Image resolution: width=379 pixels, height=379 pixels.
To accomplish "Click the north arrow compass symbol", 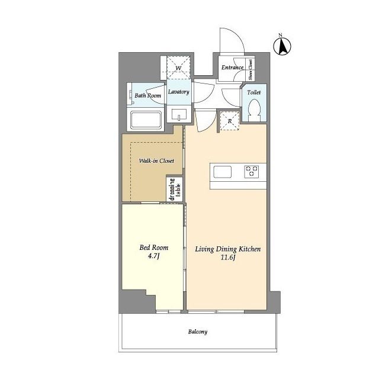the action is click(282, 46).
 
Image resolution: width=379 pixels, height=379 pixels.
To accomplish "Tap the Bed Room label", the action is click(154, 248).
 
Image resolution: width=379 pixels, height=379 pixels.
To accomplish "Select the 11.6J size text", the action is click(228, 258).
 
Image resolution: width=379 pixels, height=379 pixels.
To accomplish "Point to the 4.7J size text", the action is click(154, 256).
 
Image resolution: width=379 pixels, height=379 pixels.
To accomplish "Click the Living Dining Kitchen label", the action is click(227, 249).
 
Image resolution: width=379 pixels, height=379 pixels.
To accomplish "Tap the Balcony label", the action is click(198, 332).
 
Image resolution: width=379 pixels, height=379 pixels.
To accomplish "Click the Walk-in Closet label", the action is click(156, 160).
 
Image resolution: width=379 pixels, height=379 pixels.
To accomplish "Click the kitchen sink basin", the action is click(223, 172).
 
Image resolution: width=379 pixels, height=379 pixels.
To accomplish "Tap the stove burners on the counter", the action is click(251, 172).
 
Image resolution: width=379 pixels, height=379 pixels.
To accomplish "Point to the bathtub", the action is click(146, 120).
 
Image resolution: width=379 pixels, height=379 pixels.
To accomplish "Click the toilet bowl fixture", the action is click(254, 111).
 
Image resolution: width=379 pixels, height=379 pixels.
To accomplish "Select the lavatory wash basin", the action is click(179, 114).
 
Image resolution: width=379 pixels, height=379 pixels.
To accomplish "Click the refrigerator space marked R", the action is click(230, 121).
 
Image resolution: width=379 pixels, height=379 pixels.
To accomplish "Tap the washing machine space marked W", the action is click(179, 68).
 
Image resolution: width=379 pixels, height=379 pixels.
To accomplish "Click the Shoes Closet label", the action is click(250, 70).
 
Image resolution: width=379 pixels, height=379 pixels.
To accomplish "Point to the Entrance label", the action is click(232, 68).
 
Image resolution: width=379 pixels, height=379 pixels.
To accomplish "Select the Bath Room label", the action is click(147, 95).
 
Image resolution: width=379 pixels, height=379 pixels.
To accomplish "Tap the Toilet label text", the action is click(254, 92).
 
